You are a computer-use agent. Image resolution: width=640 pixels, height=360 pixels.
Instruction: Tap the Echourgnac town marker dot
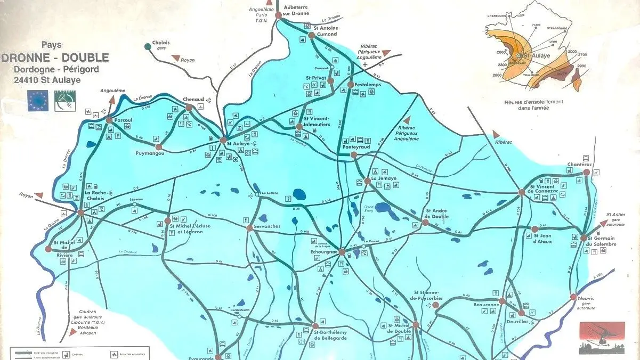342,251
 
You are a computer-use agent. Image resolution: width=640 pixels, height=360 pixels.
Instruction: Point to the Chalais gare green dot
148,46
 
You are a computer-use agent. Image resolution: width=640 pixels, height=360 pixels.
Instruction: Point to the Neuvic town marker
573,297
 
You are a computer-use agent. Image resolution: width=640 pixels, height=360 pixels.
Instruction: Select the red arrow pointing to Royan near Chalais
174,58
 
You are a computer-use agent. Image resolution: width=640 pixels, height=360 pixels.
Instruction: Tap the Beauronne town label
485,305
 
